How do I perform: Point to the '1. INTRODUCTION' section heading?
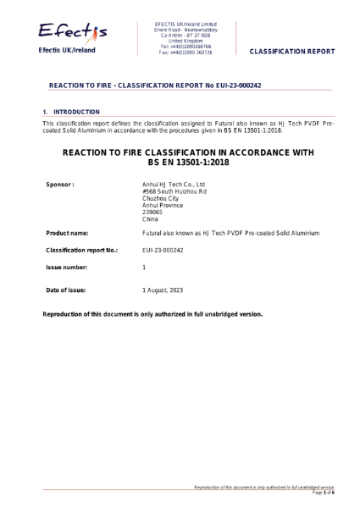73,112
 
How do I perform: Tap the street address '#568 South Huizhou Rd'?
174,191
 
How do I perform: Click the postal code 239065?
153,213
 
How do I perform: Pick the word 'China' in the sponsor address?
150,219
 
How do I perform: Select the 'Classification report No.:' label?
80,251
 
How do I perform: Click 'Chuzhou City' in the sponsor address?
161,198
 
